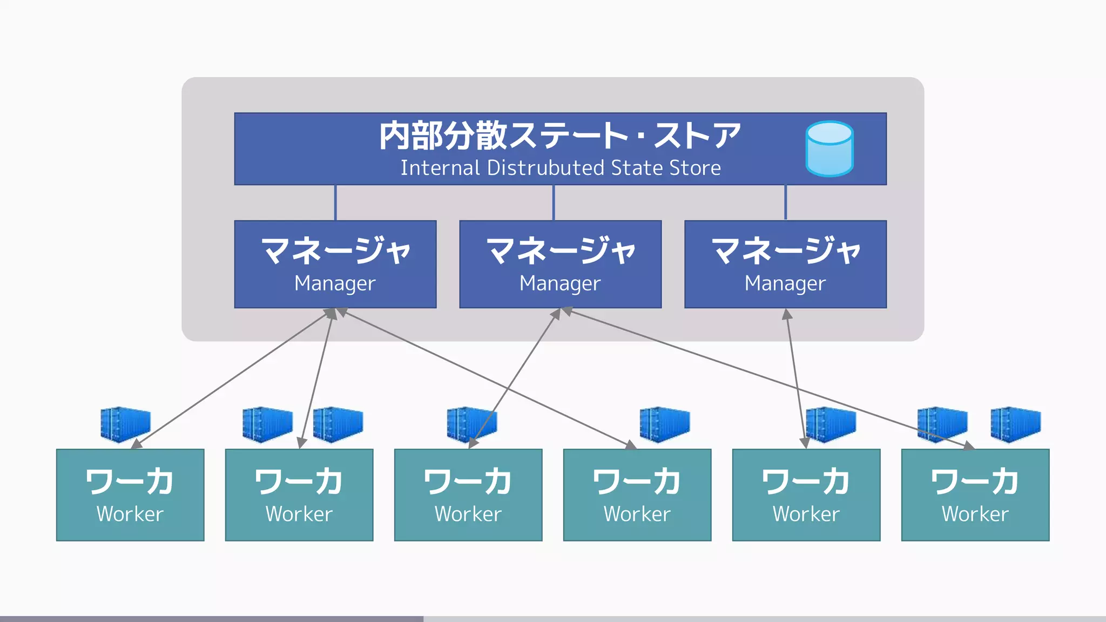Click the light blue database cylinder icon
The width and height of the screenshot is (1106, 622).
pos(829,148)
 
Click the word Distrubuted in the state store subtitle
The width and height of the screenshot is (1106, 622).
pos(545,168)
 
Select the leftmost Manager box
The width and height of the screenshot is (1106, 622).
pos(335,264)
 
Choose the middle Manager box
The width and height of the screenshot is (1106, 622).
pos(560,264)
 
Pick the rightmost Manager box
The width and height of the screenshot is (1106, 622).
pos(785,264)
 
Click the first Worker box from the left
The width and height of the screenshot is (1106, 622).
pos(130,495)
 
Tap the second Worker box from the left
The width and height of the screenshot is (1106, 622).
pos(299,495)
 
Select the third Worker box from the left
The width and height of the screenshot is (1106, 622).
pos(468,495)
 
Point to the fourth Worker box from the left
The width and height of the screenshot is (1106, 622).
pos(637,495)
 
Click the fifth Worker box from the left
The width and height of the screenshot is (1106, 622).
pos(806,495)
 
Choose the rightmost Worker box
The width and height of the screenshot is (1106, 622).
pos(975,495)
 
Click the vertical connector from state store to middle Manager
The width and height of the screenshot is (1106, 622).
pos(554,202)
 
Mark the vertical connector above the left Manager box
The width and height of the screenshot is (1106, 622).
pos(335,202)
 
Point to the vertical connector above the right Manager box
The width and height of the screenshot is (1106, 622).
pos(785,202)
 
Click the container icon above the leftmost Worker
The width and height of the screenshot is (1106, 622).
pos(125,424)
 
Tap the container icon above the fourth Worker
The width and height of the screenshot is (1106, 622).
pos(664,424)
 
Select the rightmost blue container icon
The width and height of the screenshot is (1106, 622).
pos(1015,424)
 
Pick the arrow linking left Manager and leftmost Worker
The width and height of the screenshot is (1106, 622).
pos(232,378)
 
